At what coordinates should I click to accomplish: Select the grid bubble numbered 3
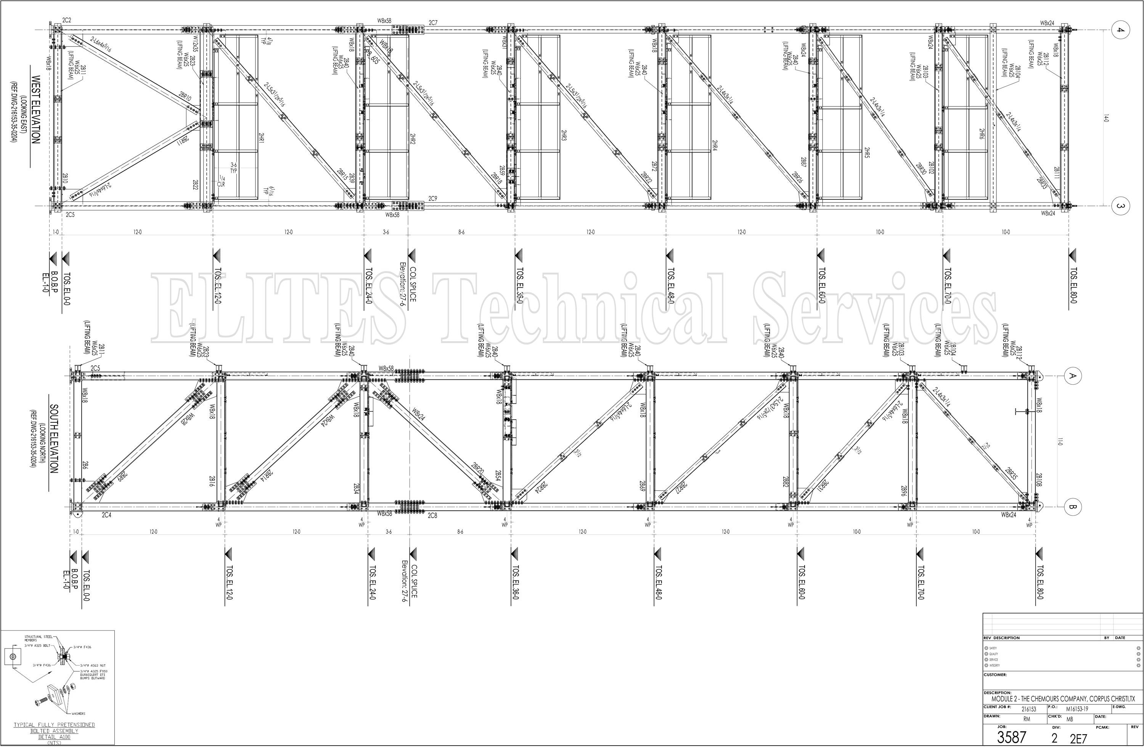point(1120,206)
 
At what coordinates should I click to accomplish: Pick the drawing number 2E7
point(1078,739)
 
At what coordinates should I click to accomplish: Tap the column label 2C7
point(433,22)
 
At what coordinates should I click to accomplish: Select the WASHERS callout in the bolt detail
point(78,714)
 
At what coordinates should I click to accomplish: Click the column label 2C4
point(106,515)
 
